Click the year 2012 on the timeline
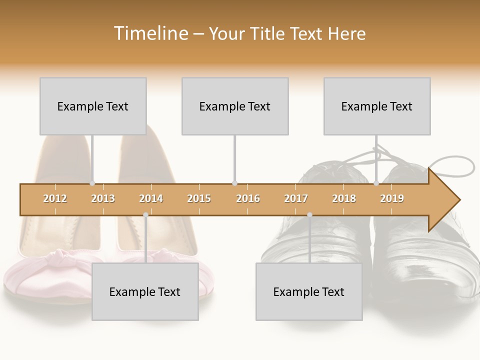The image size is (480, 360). pos(55,198)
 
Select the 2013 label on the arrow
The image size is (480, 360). pos(103,198)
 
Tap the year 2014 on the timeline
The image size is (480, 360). pos(151,198)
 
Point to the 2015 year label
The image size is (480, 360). pos(199,198)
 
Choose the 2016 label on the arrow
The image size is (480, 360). pos(248,198)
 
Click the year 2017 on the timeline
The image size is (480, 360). pos(296,198)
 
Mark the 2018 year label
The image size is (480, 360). pos(344,198)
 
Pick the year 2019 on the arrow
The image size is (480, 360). pos(392,198)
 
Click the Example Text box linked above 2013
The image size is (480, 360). pos(93,106)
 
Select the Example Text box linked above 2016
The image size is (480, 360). pos(235,106)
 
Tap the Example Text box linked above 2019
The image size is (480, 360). pos(377,106)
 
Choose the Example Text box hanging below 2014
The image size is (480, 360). pos(145,291)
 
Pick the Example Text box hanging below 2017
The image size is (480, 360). pos(309,291)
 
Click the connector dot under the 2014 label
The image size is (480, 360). pos(145,215)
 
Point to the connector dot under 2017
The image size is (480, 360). pos(309,215)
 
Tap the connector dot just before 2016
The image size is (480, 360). pos(234,183)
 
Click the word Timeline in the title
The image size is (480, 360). pos(150,33)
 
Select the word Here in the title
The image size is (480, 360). pos(346,33)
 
